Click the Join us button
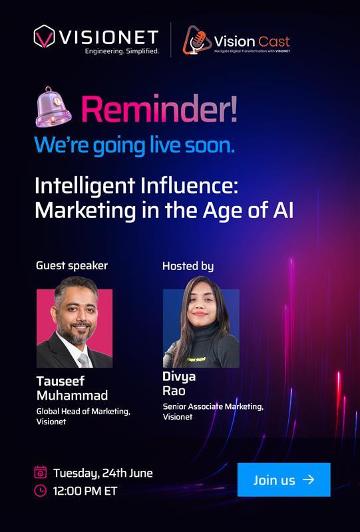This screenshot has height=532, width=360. click(x=283, y=479)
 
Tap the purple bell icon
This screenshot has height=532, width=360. click(x=55, y=107)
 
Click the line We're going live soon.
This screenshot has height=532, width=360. click(x=134, y=144)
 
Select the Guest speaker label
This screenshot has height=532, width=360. click(x=71, y=266)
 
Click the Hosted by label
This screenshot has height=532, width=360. click(x=188, y=266)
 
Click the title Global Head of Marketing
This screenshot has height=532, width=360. click(x=83, y=412)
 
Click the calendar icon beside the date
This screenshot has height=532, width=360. click(x=41, y=473)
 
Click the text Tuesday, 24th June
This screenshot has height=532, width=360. click(x=102, y=473)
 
